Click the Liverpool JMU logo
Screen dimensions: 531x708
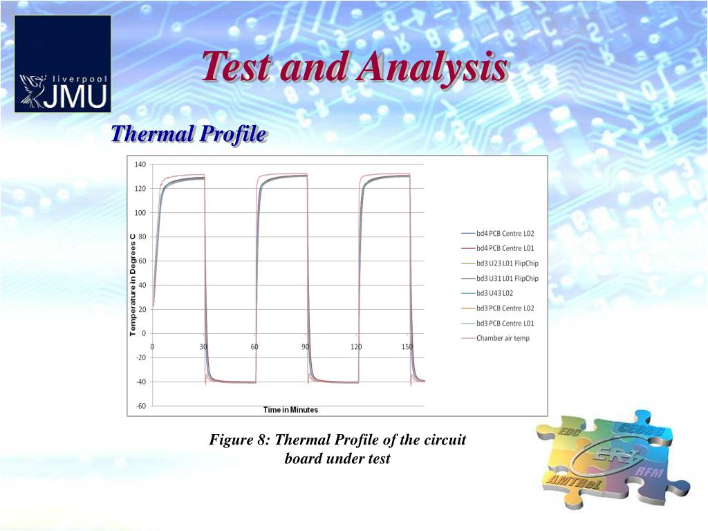[x=63, y=64]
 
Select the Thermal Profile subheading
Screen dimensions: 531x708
[x=189, y=133]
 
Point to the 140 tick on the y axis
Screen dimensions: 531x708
[x=140, y=164]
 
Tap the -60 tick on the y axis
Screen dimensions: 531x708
[x=140, y=406]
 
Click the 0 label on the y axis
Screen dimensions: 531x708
[x=143, y=333]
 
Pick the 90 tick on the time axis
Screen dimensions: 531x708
[x=306, y=346]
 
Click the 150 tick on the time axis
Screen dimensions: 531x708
[x=408, y=346]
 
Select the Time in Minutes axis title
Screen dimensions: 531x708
[x=290, y=409]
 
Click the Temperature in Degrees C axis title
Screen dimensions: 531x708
[x=133, y=285]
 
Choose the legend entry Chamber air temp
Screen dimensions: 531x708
[x=502, y=338]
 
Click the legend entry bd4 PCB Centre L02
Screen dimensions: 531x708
[x=505, y=233]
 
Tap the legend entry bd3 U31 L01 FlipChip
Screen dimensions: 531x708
[x=507, y=278]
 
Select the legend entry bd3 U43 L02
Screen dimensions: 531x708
[x=495, y=293]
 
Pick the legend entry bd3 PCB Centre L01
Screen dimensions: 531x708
[x=505, y=323]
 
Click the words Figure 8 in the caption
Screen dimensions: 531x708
[x=239, y=440]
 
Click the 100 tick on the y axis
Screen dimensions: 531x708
[x=140, y=212]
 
